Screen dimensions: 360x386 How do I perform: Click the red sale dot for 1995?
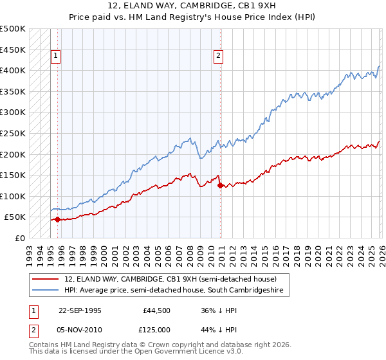[x=57, y=219]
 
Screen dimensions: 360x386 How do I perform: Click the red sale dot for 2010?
[x=221, y=186]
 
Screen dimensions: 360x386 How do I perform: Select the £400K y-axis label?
[x=13, y=70]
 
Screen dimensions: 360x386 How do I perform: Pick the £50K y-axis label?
[x=15, y=217]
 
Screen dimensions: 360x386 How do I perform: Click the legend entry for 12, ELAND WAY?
[x=170, y=279]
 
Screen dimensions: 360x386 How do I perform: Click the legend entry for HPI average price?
[x=178, y=291]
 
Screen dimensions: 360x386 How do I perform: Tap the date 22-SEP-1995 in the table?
[x=80, y=310]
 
